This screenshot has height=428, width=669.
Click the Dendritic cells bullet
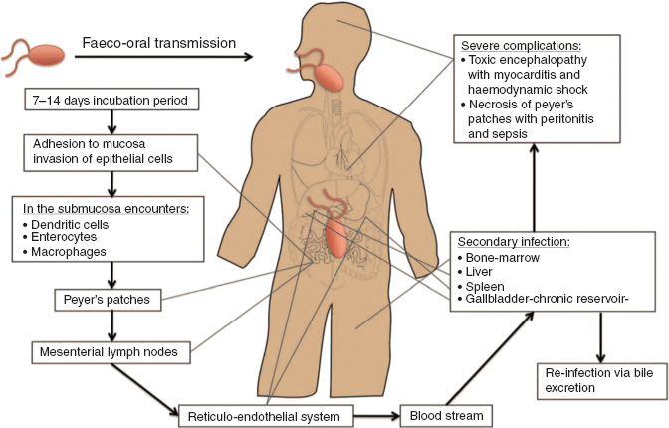pos(71,225)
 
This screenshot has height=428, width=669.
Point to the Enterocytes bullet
pos(67,239)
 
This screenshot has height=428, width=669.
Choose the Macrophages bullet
pos(69,253)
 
